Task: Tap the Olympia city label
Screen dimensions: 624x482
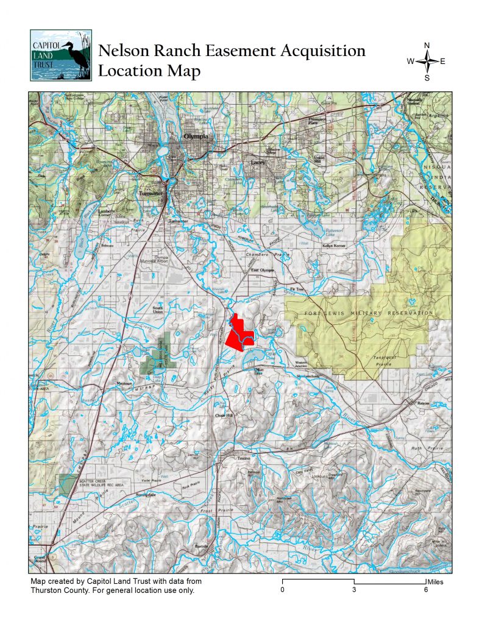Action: pyautogui.click(x=196, y=136)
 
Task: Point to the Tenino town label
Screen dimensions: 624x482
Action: pyautogui.click(x=244, y=458)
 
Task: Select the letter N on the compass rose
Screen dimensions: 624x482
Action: pyautogui.click(x=427, y=46)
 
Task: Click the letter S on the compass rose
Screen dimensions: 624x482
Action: pyautogui.click(x=427, y=77)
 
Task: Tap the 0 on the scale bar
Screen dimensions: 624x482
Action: pyautogui.click(x=283, y=589)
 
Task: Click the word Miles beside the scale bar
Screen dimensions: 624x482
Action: pyautogui.click(x=435, y=582)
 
